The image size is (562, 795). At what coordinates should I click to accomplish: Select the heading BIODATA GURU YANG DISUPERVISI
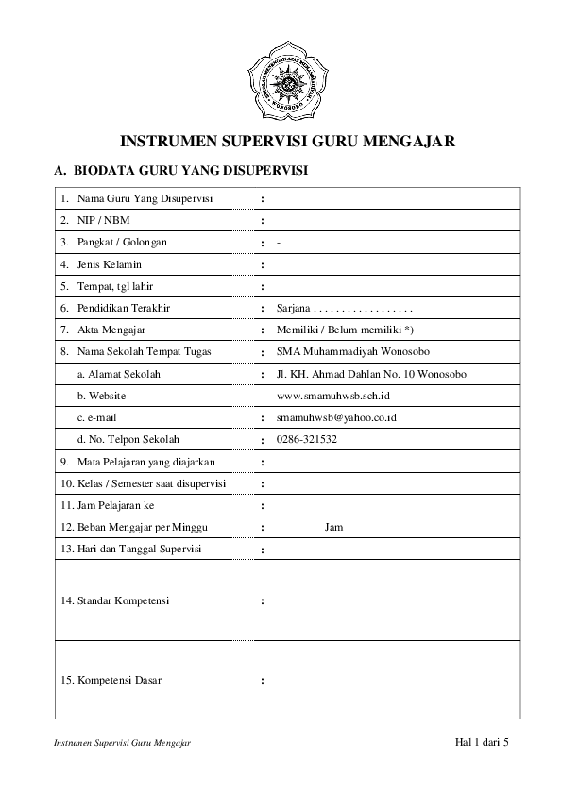click(x=193, y=172)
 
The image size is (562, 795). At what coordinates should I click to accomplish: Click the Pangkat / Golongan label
click(x=122, y=243)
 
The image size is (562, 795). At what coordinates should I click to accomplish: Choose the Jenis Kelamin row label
click(x=109, y=264)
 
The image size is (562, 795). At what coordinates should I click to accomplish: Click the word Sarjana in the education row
click(x=293, y=309)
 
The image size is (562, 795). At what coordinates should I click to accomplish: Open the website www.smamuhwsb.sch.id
click(x=333, y=396)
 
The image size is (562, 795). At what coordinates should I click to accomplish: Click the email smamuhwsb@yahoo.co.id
click(x=335, y=417)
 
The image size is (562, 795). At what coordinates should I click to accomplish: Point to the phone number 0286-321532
click(x=307, y=439)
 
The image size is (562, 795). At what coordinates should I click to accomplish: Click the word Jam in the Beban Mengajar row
click(x=333, y=527)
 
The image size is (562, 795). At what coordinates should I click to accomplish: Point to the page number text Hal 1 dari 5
click(x=482, y=742)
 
